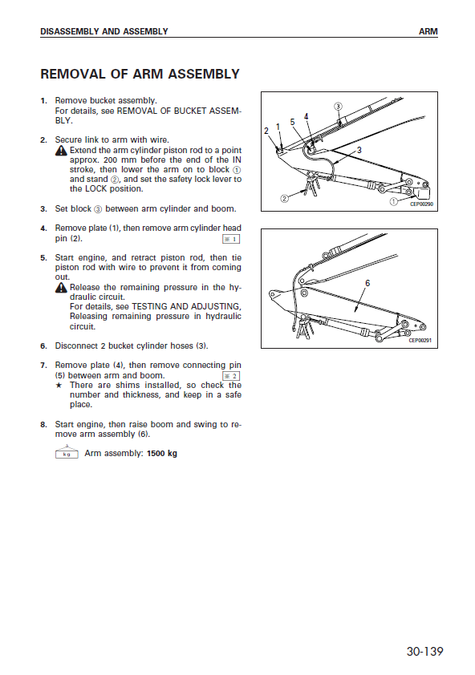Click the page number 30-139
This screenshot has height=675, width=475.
424,651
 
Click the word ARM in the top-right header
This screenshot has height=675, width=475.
428,31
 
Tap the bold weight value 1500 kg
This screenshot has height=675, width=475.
162,453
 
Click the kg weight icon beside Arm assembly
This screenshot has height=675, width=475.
67,452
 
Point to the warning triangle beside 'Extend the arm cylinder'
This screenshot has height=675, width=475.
61,150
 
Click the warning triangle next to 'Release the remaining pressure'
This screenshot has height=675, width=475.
61,287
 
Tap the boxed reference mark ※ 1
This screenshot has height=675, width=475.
231,239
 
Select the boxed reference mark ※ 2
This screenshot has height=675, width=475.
231,376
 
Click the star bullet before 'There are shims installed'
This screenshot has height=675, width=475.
59,386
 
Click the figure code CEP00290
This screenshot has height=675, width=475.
421,204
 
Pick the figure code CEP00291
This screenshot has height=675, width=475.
420,340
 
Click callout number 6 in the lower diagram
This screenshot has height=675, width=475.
367,283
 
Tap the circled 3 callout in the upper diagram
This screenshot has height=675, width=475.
339,107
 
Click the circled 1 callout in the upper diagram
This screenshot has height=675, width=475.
393,201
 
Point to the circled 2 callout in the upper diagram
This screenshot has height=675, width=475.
285,199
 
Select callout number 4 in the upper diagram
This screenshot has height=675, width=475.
306,117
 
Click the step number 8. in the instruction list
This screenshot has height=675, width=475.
43,425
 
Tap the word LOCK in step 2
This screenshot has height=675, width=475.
95,189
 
